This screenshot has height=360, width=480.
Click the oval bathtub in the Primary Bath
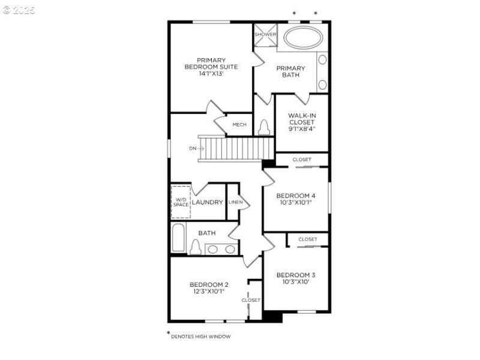coord(302,38)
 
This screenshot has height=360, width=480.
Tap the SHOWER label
coord(265,34)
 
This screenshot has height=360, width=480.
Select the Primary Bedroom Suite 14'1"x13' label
coord(211,67)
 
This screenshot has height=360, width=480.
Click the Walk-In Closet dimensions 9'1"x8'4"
coord(301,129)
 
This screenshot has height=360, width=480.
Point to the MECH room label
coord(239,125)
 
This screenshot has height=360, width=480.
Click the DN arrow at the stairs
coord(193,148)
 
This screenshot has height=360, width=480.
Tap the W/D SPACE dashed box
coord(181,202)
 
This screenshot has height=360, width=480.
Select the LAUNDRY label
coord(208,202)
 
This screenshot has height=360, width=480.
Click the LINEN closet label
coord(235,202)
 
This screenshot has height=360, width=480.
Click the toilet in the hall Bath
coord(195,247)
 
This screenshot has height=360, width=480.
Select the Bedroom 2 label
coord(209,284)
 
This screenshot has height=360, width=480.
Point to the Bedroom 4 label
coord(295,196)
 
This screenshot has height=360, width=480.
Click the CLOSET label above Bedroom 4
coord(302,160)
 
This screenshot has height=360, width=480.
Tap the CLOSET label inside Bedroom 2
coord(251,300)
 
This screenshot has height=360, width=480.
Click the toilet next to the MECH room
coord(264,127)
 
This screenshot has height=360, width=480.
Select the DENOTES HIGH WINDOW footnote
coord(200,337)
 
